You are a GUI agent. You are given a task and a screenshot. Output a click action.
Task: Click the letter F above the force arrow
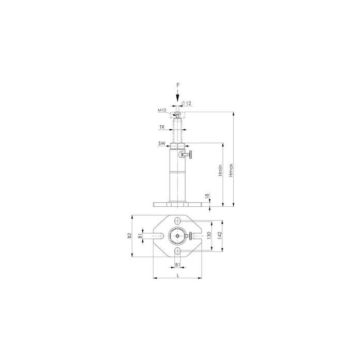pyautogui.click(x=178, y=85)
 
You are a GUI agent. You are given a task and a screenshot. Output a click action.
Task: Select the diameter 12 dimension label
pyautogui.click(x=187, y=103)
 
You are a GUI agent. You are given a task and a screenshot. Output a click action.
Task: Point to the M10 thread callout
pyautogui.click(x=161, y=110)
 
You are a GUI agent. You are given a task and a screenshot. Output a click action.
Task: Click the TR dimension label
pyautogui.click(x=161, y=127)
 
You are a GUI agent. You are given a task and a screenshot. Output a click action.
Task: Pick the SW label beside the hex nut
pyautogui.click(x=161, y=143)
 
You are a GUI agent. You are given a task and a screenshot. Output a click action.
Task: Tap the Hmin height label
pyautogui.click(x=220, y=170)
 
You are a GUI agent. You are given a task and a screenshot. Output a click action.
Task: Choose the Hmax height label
pyautogui.click(x=231, y=170)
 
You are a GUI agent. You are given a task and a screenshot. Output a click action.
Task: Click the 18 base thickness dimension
pyautogui.click(x=207, y=195)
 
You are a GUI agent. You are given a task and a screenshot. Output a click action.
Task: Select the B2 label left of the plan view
pyautogui.click(x=129, y=235)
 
